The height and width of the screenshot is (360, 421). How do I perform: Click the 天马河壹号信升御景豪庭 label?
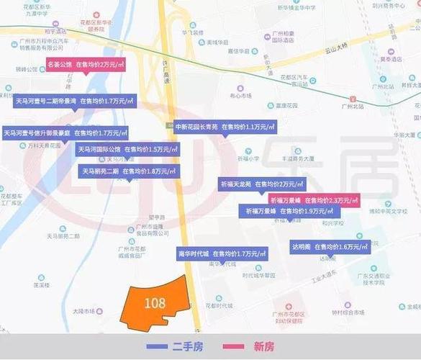[65, 133]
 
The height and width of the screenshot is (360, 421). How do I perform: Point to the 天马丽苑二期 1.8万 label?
[128, 171]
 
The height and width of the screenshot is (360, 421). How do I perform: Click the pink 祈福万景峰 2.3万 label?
[314, 199]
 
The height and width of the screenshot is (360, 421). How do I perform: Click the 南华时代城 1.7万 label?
[222, 253]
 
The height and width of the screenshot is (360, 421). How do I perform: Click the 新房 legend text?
[264, 346]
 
